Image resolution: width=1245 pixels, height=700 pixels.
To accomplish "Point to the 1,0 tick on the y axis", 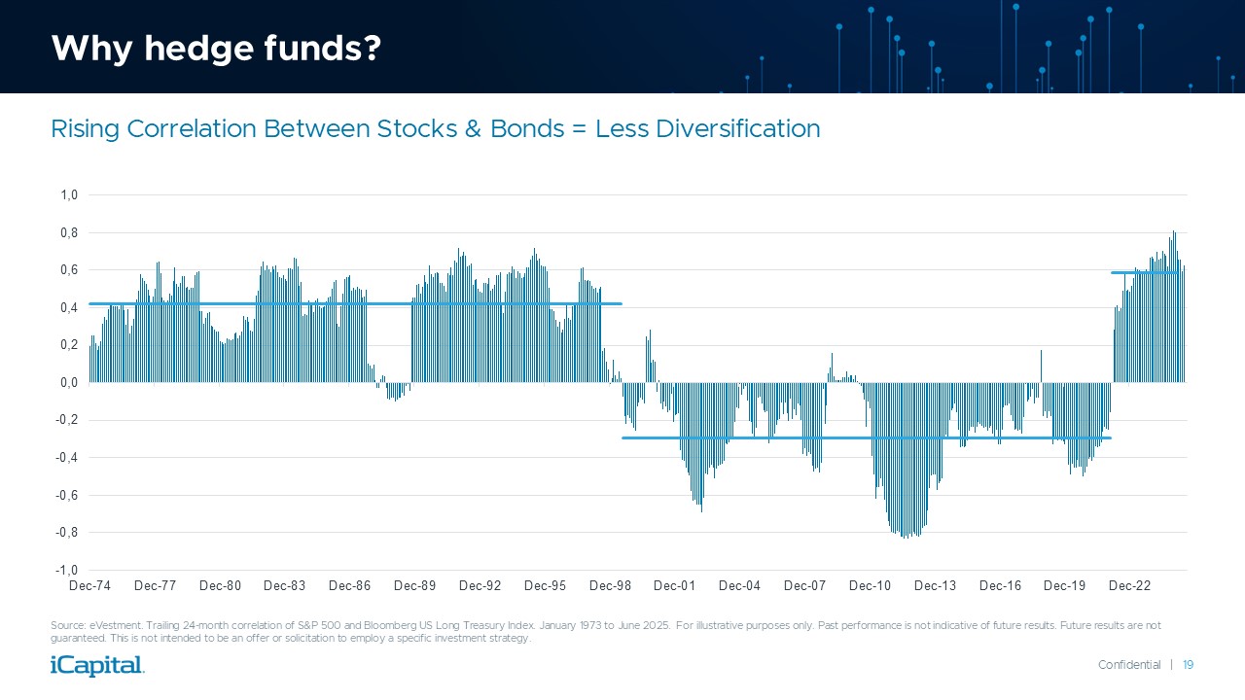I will point(69,195).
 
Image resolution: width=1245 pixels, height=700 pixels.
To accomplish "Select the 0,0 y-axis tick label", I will point(69,383).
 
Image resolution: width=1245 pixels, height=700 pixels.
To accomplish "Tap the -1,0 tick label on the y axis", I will point(67,571).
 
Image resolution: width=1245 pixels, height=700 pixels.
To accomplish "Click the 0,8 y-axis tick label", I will point(69,233).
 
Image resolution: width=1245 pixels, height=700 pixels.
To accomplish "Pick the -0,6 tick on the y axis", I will point(67,496).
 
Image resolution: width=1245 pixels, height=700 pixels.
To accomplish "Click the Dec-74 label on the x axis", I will point(90,586).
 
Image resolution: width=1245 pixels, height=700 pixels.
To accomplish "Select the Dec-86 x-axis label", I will point(350,586).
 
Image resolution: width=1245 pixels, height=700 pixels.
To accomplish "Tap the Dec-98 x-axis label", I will point(610,586).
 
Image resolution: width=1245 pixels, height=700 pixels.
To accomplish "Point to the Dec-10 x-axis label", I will point(870,586).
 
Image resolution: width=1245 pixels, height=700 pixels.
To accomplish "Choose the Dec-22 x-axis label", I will point(1129,586).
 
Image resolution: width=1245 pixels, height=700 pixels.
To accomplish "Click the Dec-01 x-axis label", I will point(674,586).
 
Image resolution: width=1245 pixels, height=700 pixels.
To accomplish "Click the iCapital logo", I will point(97,666).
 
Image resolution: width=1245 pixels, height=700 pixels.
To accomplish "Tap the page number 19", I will point(1188,665).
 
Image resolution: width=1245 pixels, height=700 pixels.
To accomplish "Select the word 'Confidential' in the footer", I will point(1129,665).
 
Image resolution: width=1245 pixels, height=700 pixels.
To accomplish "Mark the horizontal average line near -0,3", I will point(866,437).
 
